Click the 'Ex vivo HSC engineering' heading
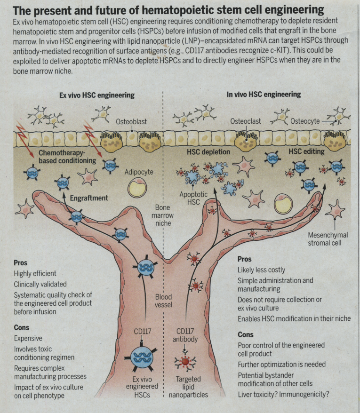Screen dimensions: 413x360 [x=97, y=95]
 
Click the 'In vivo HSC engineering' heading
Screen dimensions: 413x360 [x=264, y=95]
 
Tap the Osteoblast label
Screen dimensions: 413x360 [x=131, y=122]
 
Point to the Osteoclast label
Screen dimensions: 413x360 [x=246, y=122]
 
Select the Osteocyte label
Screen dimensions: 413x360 [x=304, y=121]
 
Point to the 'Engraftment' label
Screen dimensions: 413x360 [x=89, y=199]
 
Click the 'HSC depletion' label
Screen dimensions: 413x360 [x=209, y=152]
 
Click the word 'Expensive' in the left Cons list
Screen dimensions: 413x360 [x=28, y=338]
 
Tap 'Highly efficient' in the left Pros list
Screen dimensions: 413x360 [x=35, y=273]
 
